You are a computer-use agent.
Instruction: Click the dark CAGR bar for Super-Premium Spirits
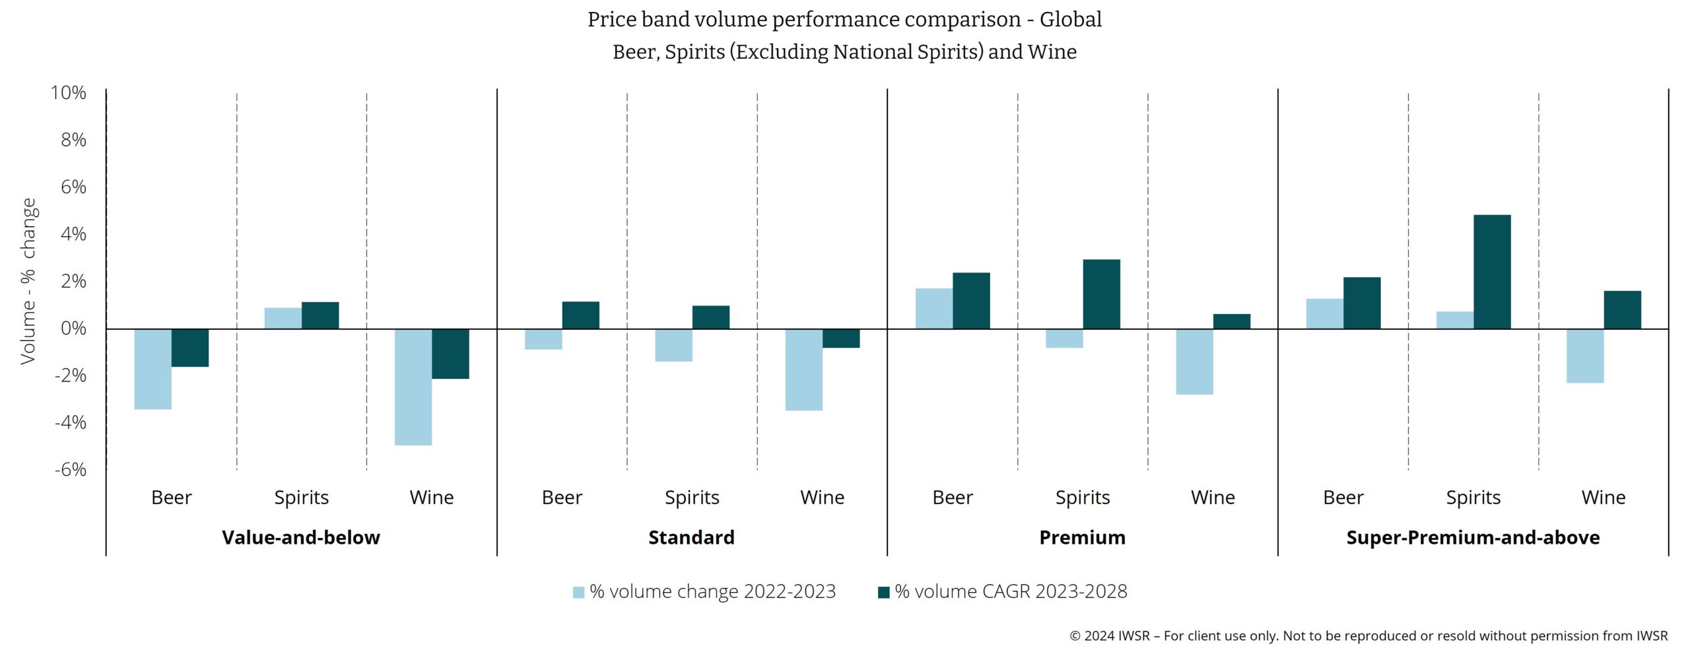coord(1491,272)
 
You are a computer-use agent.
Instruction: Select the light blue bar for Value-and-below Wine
coord(413,387)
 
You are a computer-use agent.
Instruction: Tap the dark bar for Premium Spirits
coord(1101,294)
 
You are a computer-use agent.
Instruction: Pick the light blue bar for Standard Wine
coord(803,370)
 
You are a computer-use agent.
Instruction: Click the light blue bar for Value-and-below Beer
coord(152,369)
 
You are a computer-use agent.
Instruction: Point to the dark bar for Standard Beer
coord(580,315)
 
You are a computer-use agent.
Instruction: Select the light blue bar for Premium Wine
coord(1194,362)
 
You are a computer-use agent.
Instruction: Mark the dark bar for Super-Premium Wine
coord(1622,310)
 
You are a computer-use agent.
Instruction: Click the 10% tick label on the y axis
coord(69,93)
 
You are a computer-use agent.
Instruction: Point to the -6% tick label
coord(70,470)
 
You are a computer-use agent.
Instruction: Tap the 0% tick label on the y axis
coord(73,329)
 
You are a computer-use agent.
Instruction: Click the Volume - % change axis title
coord(28,281)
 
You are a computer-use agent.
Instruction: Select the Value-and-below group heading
coord(301,538)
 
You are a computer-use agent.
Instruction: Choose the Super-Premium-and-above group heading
coord(1473,538)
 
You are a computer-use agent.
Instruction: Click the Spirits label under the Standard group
coord(692,498)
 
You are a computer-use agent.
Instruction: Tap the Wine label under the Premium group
coord(1213,498)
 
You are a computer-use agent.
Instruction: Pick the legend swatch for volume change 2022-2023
coord(578,593)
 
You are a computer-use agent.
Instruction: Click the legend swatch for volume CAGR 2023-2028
coord(883,593)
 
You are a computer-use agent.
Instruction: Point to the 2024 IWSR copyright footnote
coord(1368,636)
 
